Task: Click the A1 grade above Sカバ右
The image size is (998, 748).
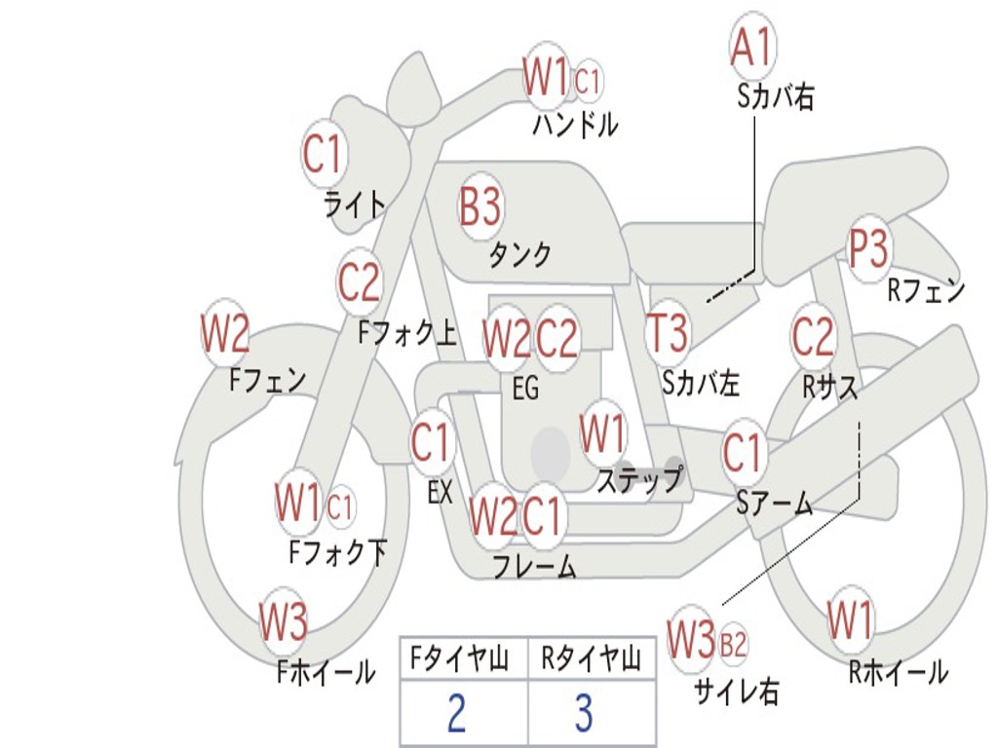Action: [751, 47]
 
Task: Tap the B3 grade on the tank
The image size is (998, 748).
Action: [480, 206]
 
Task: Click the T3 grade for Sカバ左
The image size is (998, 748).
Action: [668, 333]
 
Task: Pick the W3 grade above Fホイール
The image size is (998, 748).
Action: [284, 622]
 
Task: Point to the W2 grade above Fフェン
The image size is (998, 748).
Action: [225, 334]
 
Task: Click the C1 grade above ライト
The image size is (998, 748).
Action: [325, 153]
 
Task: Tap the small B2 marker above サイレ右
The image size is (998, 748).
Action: [733, 643]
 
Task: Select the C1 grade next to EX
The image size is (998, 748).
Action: [431, 443]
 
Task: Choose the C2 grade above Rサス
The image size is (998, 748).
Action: [813, 336]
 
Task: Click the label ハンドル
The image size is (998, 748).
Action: [575, 125]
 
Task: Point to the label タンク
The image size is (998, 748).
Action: [519, 255]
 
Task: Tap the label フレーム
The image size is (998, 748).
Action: [533, 566]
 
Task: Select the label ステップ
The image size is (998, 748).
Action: [639, 479]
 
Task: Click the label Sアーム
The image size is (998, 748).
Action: [774, 503]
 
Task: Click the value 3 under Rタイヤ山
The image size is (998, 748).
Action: [584, 714]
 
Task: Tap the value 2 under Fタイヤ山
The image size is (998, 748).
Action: [456, 714]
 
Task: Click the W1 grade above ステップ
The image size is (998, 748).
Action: [603, 433]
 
